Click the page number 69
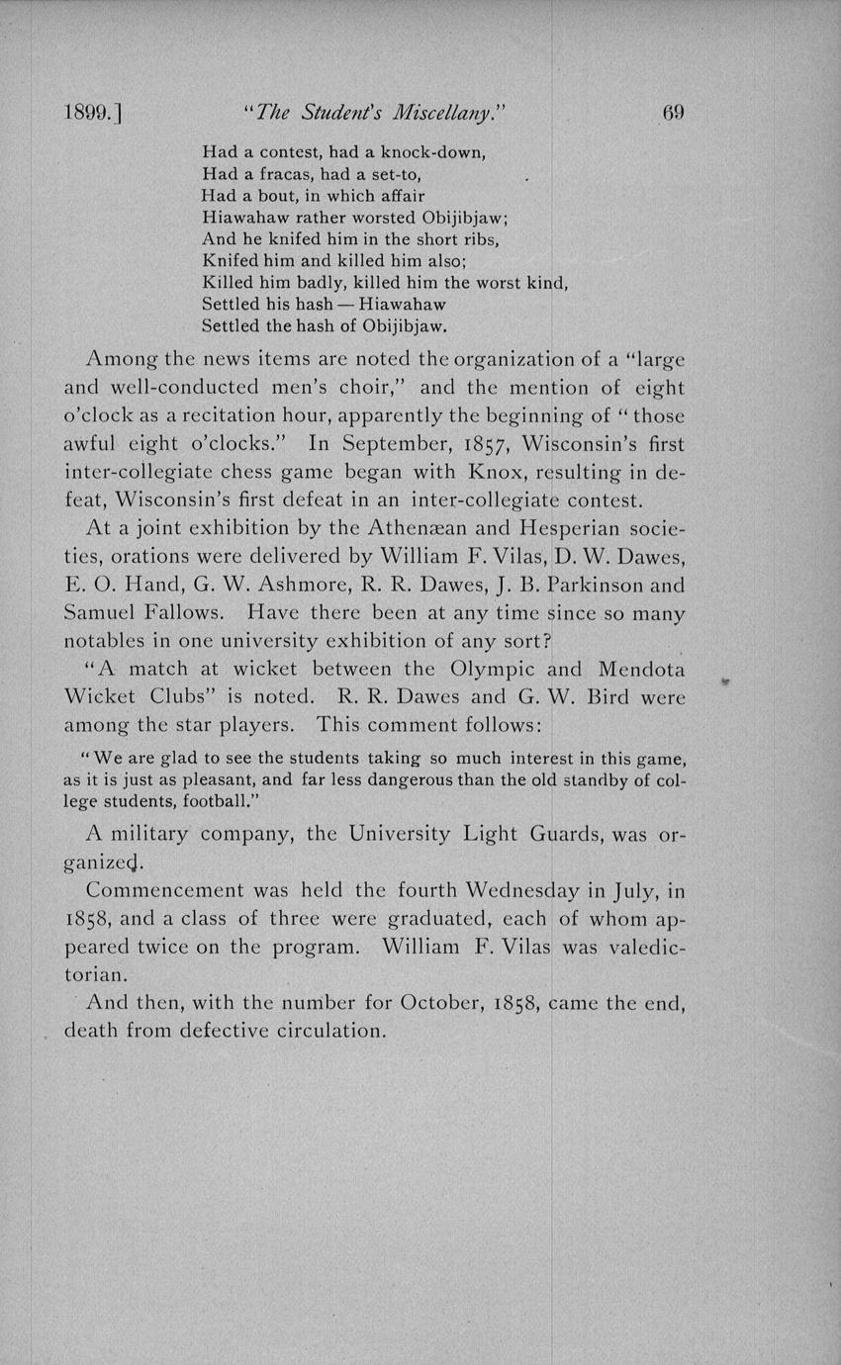tap(673, 112)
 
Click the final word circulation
tap(316, 1031)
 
